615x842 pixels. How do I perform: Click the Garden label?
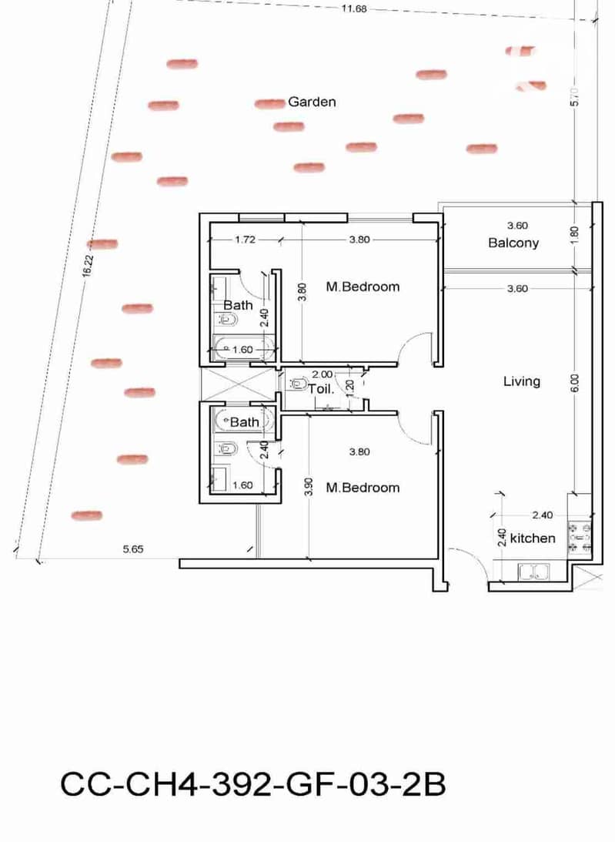(312, 102)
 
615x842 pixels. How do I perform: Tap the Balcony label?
(513, 243)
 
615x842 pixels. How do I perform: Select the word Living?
(521, 381)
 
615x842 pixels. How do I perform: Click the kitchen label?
(533, 538)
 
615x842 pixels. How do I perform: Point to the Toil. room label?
(321, 389)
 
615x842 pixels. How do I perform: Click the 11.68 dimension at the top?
(353, 8)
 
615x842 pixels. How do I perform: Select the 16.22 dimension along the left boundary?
(88, 266)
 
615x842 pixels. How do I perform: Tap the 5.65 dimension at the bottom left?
(133, 548)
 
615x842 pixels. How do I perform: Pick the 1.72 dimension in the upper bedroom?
(245, 240)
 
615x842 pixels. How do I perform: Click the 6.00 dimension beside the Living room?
(575, 383)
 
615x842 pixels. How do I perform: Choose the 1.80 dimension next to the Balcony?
(575, 235)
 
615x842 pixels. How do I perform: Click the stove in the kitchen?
(580, 536)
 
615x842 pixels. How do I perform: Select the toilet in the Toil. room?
(298, 384)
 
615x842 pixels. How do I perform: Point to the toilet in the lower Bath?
(228, 448)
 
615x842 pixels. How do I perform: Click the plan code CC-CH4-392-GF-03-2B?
(252, 784)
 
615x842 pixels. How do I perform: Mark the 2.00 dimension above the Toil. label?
(322, 374)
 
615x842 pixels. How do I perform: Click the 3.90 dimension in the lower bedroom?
(309, 487)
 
